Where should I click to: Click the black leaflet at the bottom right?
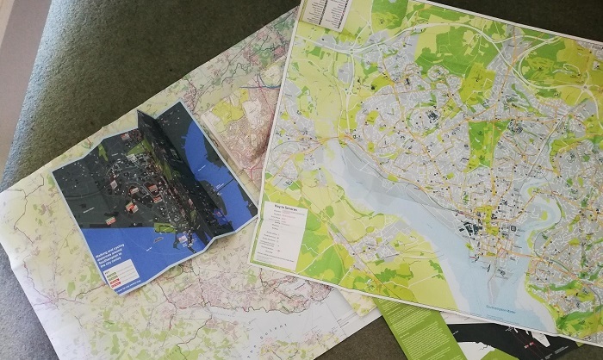[517, 344]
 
